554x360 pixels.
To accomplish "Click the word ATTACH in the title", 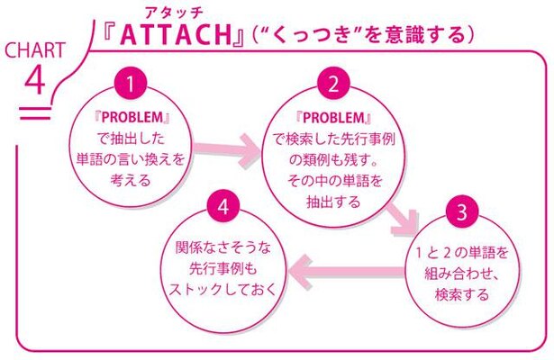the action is pyautogui.click(x=176, y=35).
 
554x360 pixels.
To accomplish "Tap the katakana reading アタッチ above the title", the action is pyautogui.click(x=175, y=13).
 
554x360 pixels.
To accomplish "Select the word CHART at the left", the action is pyautogui.click(x=35, y=50).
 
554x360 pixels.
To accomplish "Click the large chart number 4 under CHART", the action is pyautogui.click(x=35, y=80).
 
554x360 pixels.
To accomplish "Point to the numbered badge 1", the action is pyautogui.click(x=131, y=84).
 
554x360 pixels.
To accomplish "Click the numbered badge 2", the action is pyautogui.click(x=332, y=84).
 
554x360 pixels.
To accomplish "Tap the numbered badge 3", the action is pyautogui.click(x=462, y=212).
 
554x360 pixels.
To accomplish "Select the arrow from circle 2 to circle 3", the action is pyautogui.click(x=403, y=220).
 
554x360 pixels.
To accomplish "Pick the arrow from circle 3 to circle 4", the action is pyautogui.click(x=346, y=272).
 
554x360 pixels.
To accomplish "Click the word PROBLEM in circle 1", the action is pyautogui.click(x=132, y=118).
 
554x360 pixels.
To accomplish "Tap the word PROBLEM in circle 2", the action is pyautogui.click(x=333, y=118).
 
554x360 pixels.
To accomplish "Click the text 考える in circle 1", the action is pyautogui.click(x=131, y=180).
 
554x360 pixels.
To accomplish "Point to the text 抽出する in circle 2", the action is pyautogui.click(x=333, y=202).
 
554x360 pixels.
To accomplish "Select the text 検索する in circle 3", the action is pyautogui.click(x=462, y=294).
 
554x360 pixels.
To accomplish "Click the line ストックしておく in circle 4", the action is pyautogui.click(x=223, y=289).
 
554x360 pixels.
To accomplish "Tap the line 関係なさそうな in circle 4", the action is pyautogui.click(x=223, y=247).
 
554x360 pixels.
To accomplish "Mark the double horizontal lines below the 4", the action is pyautogui.click(x=35, y=113).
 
